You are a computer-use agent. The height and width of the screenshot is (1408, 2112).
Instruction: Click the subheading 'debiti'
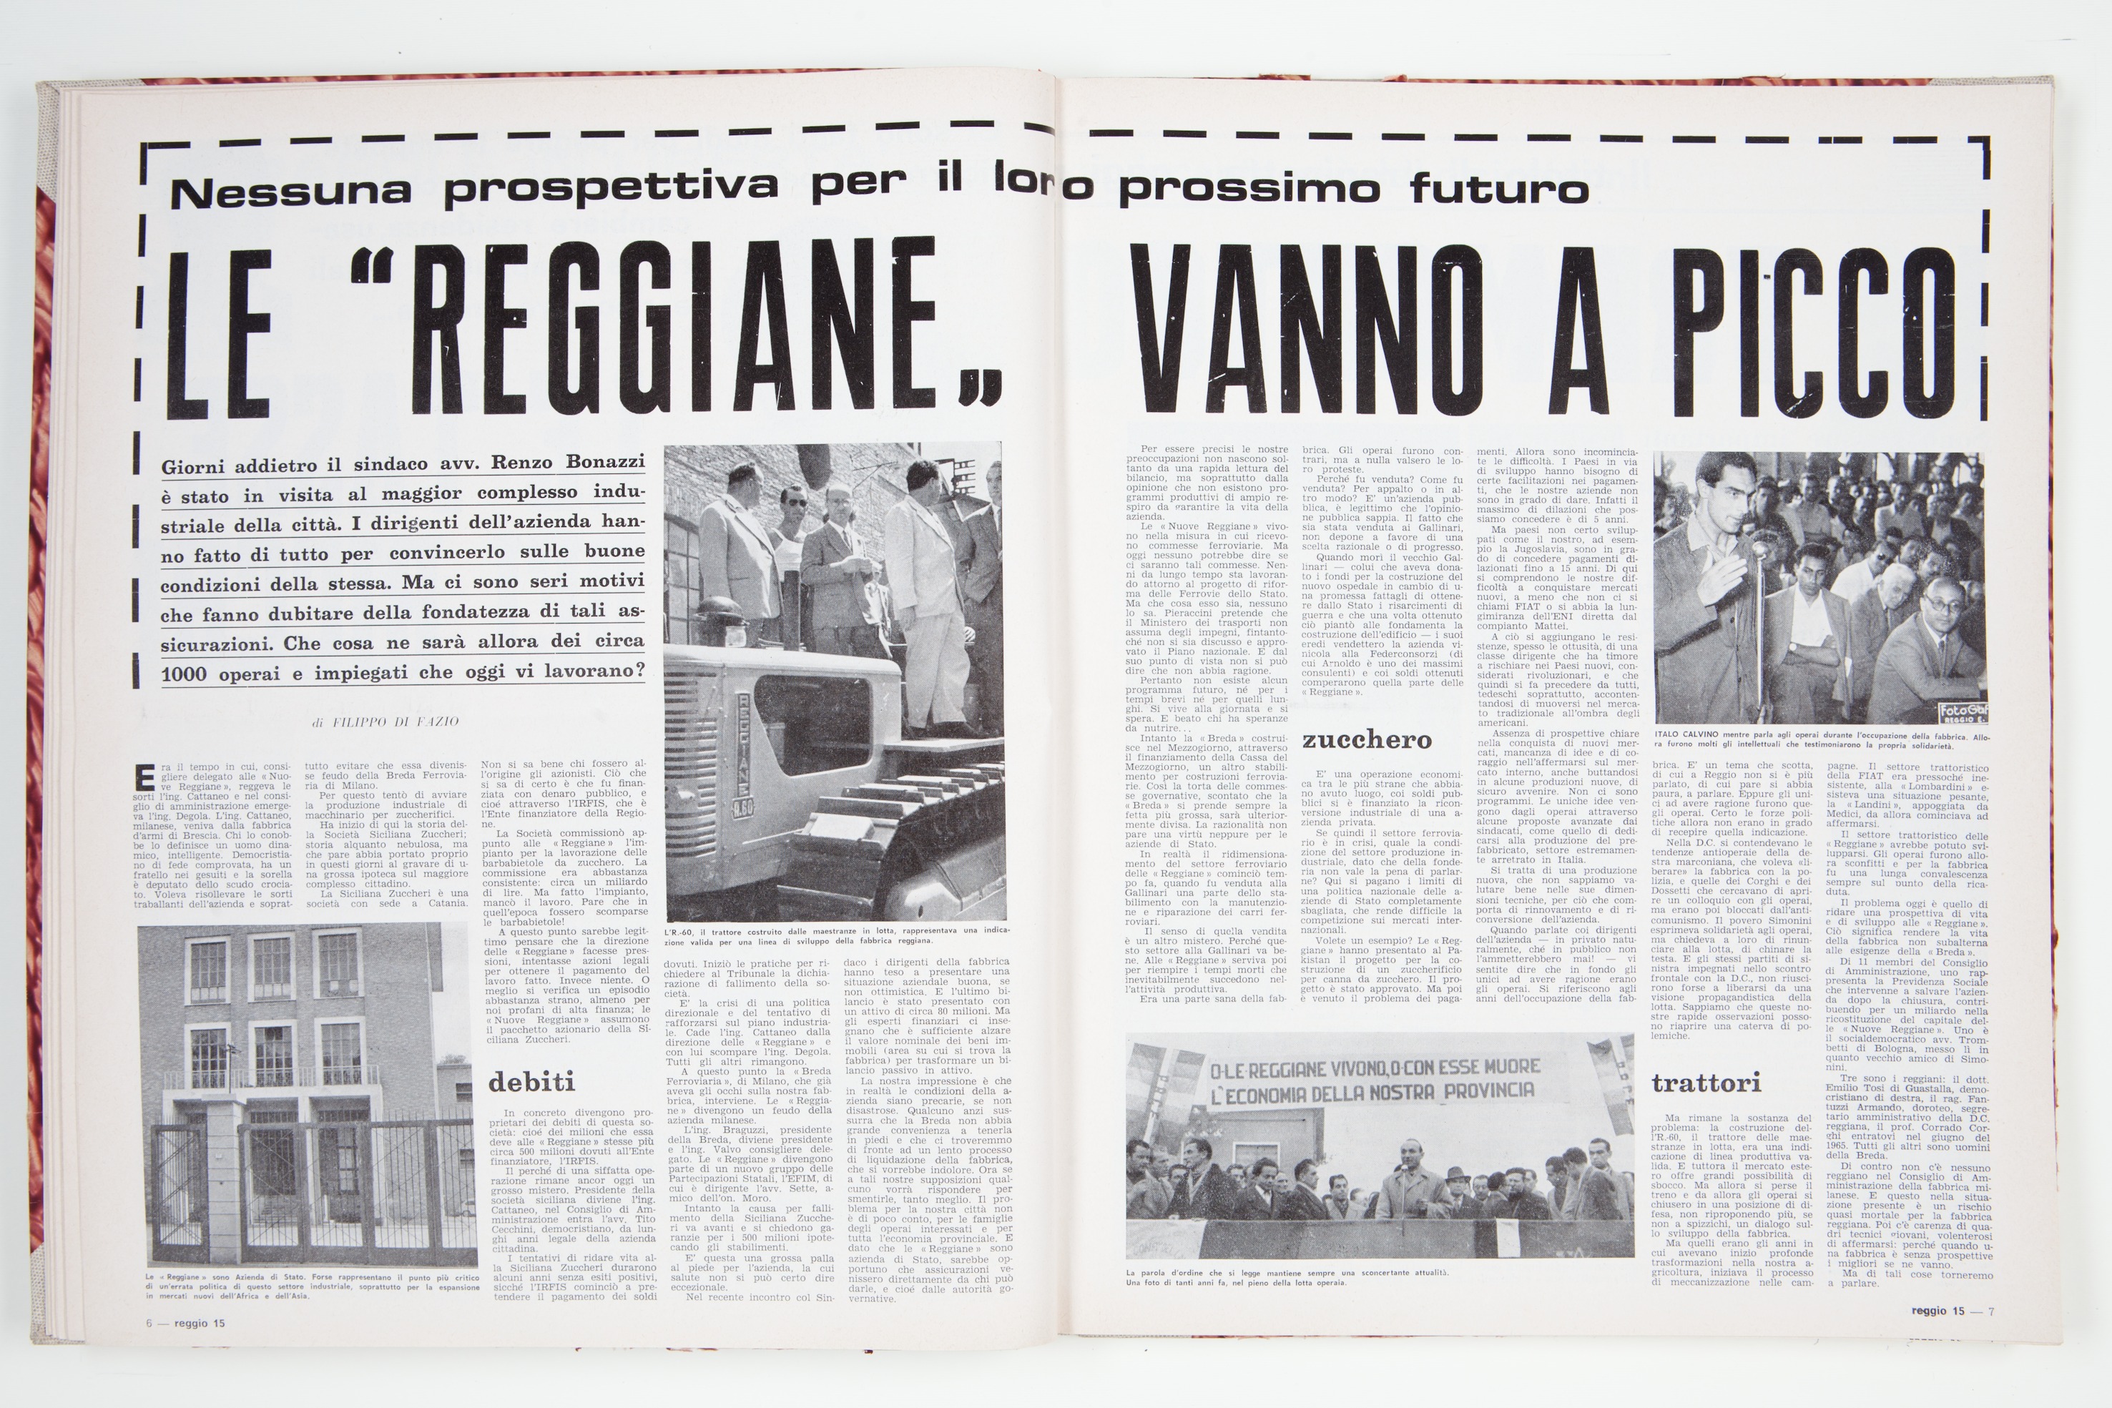click(x=531, y=1081)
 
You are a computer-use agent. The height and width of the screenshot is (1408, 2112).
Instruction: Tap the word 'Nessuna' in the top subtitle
click(x=291, y=189)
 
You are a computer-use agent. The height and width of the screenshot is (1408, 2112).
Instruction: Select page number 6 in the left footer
click(x=150, y=1323)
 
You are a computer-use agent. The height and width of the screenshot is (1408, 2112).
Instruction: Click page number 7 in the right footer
click(x=1990, y=1311)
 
